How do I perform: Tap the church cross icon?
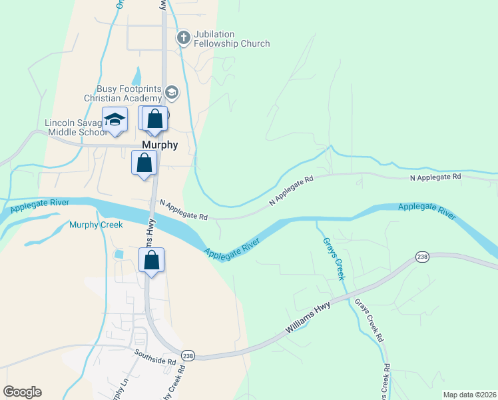(x=183, y=39)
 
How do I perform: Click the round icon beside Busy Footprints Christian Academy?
(x=172, y=92)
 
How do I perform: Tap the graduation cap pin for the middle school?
(x=115, y=120)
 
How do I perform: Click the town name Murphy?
(x=160, y=145)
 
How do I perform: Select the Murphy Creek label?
(x=96, y=225)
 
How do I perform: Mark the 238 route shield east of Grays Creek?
(x=421, y=257)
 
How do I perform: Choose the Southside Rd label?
(x=154, y=357)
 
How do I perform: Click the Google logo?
(x=22, y=392)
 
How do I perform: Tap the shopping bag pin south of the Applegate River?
(x=152, y=260)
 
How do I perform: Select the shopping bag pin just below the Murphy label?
(x=144, y=163)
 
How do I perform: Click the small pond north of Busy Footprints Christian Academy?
(x=138, y=76)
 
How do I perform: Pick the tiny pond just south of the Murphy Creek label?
(x=119, y=254)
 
